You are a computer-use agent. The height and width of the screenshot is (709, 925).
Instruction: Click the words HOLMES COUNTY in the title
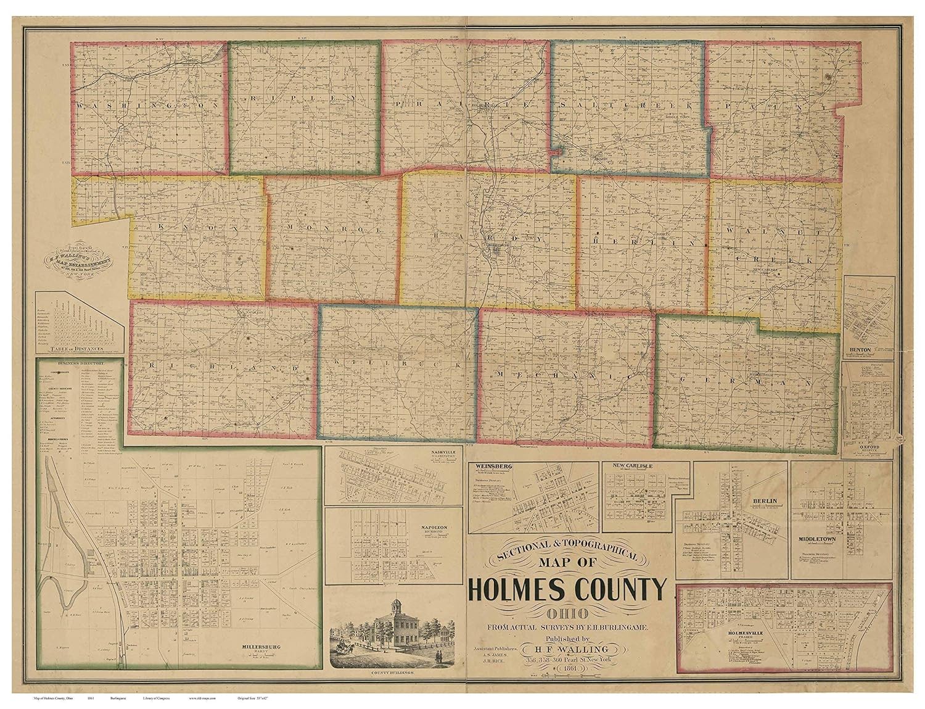point(567,589)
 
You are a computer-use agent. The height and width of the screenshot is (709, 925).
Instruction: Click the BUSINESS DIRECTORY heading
point(78,363)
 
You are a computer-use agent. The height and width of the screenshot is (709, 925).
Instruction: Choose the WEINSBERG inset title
point(488,466)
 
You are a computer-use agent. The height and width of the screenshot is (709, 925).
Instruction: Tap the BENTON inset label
point(860,350)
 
